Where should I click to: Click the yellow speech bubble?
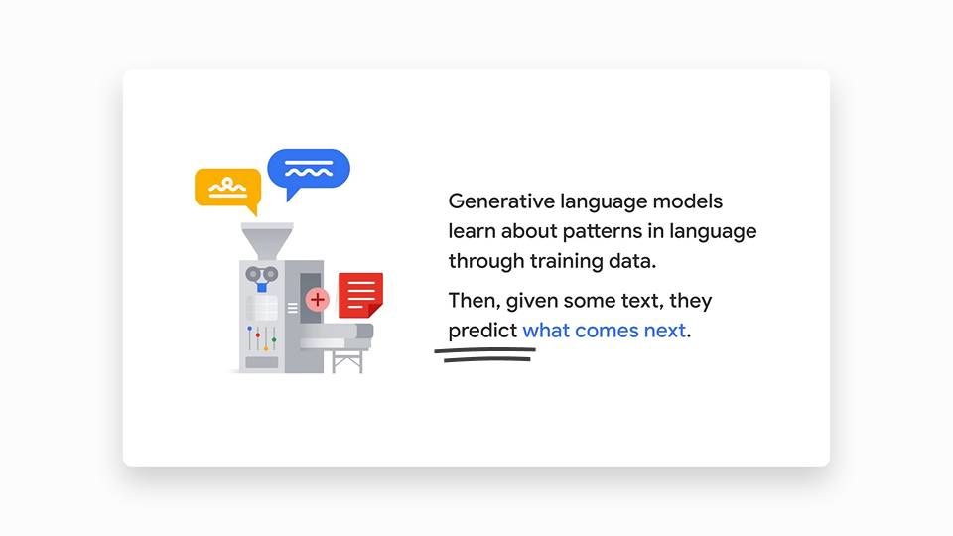coord(228,189)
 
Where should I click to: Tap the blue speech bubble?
coord(309,170)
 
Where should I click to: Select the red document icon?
coord(360,296)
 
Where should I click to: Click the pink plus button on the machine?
coord(317,299)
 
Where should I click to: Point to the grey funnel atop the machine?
coord(267,240)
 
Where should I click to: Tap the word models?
coord(687,201)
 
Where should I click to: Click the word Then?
coord(475,300)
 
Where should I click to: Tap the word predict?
coord(482,331)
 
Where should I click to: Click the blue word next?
coord(665,331)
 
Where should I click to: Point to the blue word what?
coord(546,330)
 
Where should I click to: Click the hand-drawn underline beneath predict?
coord(485,355)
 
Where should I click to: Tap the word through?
coord(486,261)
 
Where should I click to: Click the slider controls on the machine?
coord(262,338)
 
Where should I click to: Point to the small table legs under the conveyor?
coord(347,361)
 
